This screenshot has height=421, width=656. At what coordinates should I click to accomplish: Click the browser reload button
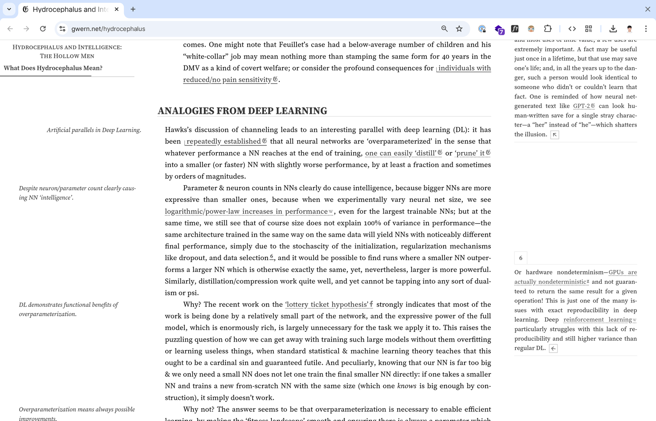[43, 29]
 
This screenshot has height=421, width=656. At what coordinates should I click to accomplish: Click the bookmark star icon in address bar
[459, 29]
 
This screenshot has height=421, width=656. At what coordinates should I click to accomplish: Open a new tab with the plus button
[133, 9]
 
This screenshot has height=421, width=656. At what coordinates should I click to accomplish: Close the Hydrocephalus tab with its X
[117, 9]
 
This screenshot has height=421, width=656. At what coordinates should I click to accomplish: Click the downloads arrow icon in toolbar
[613, 29]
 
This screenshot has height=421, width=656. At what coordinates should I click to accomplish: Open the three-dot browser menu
[646, 29]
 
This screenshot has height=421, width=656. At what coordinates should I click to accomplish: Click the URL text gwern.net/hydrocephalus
[108, 29]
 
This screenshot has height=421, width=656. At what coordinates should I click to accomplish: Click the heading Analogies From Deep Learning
[242, 111]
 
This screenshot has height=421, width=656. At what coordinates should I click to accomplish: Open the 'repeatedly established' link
[224, 141]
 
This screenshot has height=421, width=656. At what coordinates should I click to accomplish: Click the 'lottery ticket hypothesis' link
[327, 304]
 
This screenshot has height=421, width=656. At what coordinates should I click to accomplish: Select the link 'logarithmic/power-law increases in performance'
[246, 211]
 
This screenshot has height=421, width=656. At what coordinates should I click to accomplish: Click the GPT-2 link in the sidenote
[581, 106]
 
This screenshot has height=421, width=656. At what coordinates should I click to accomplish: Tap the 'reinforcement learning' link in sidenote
[597, 320]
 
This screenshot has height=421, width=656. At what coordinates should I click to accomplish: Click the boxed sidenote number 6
[521, 258]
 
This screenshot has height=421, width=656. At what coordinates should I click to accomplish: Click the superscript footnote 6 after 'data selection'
[271, 256]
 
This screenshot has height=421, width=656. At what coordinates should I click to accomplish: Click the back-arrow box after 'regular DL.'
[553, 349]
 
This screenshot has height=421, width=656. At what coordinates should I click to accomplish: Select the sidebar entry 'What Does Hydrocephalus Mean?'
[53, 68]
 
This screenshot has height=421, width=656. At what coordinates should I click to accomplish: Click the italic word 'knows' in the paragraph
[407, 386]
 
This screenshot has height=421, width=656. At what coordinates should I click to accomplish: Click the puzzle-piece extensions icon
[548, 29]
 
